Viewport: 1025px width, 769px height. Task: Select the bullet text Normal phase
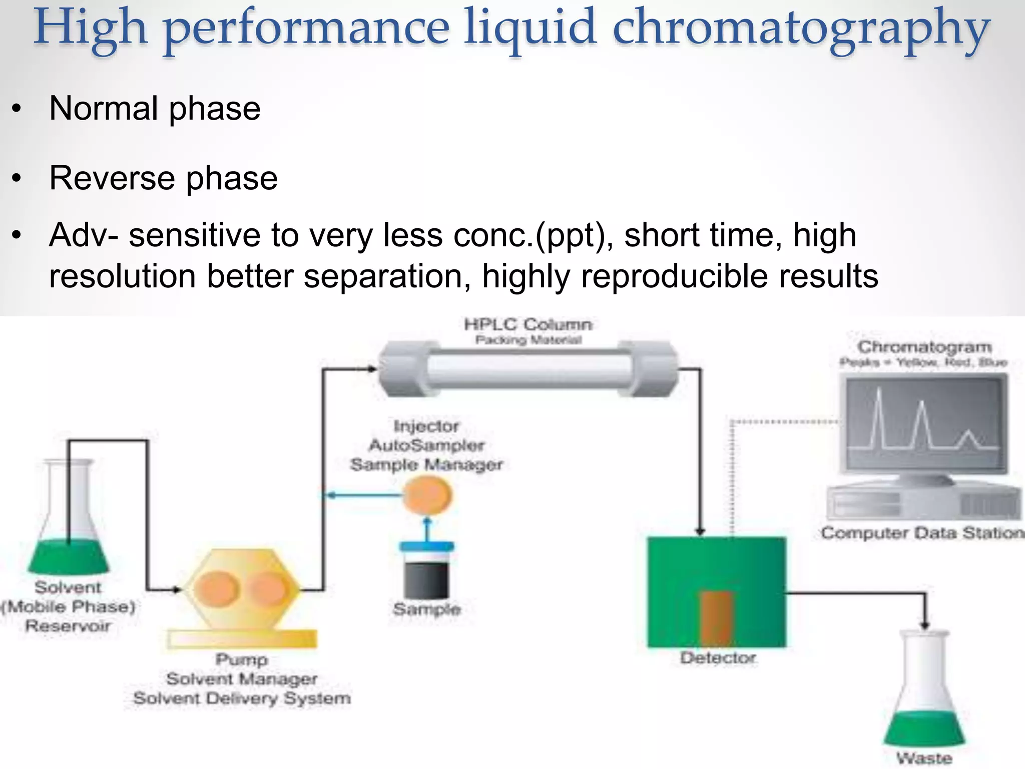click(155, 108)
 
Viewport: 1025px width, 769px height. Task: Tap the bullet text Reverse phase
click(163, 178)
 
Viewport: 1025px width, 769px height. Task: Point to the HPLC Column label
click(528, 324)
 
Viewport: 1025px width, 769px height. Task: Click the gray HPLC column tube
click(528, 369)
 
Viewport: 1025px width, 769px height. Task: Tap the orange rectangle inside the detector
click(717, 618)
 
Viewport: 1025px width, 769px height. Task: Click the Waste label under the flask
click(924, 758)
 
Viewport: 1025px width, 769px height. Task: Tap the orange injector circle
click(427, 495)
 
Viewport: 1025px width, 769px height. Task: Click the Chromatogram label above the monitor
click(924, 346)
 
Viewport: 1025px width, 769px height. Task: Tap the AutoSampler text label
click(426, 445)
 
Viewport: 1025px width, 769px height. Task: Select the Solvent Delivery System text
click(242, 698)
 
